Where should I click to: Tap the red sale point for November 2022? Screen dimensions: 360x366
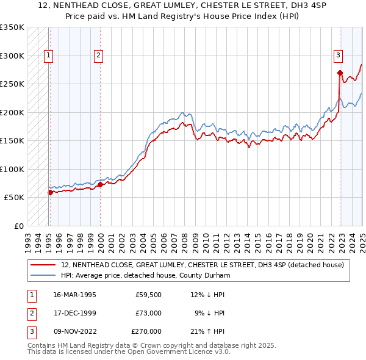340,73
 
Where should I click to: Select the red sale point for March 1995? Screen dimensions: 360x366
50,192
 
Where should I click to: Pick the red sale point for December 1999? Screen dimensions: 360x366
100,184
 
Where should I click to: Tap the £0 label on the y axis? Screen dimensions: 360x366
18,226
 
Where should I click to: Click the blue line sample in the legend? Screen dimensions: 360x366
43,275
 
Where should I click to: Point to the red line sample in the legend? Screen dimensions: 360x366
43,265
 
